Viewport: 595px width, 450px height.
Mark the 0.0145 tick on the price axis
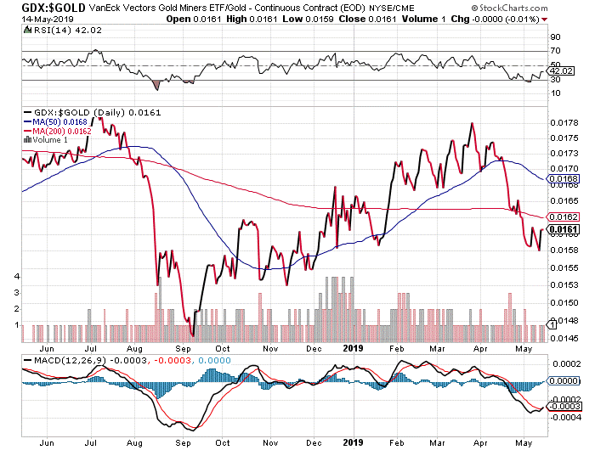pyautogui.click(x=564, y=336)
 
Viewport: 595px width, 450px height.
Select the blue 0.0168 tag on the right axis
pyautogui.click(x=564, y=179)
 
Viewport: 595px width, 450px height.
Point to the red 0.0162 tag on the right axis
pyautogui.click(x=564, y=217)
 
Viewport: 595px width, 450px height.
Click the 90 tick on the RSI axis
pyautogui.click(x=555, y=37)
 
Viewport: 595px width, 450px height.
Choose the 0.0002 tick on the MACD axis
pyautogui.click(x=564, y=363)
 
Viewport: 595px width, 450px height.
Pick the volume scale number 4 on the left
pyautogui.click(x=16, y=276)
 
